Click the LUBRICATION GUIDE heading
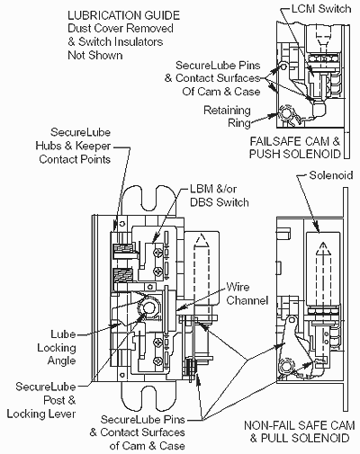[x=123, y=15]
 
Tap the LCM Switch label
[x=321, y=8]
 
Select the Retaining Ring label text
[x=227, y=117]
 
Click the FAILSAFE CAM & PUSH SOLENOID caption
[x=295, y=147]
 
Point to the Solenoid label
[x=331, y=174]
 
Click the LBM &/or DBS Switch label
[x=220, y=196]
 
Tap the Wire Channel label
[x=247, y=294]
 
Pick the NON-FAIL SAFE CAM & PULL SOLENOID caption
[x=300, y=432]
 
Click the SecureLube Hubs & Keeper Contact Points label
[x=73, y=146]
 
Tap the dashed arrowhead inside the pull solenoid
[x=323, y=248]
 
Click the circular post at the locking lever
[x=148, y=307]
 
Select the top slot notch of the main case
[x=150, y=200]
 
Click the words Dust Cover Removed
[x=121, y=29]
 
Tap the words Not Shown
[x=95, y=56]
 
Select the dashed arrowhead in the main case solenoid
[x=202, y=241]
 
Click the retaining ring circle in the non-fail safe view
[x=286, y=366]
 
